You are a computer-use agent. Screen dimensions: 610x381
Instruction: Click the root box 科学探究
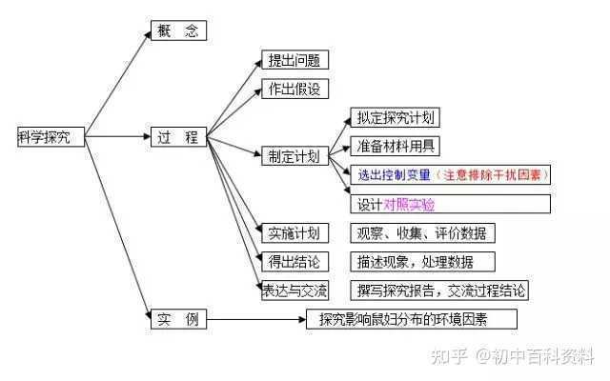tap(51, 137)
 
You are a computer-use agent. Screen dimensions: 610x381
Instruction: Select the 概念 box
tap(178, 30)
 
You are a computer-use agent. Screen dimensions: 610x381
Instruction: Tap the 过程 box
tap(178, 137)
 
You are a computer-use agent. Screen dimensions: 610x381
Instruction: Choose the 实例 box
tap(178, 319)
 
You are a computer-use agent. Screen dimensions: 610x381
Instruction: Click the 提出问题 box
tap(295, 60)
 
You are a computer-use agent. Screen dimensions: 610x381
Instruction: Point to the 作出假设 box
tap(295, 89)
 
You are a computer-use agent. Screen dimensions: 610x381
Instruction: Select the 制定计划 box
tap(295, 156)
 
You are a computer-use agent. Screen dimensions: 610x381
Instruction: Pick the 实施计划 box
tap(295, 232)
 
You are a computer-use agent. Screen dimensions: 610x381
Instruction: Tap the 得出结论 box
tap(295, 262)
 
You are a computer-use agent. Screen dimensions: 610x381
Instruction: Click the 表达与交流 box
tap(295, 291)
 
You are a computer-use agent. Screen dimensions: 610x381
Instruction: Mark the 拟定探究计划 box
tap(396, 117)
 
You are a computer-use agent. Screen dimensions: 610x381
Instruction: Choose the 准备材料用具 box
tap(396, 146)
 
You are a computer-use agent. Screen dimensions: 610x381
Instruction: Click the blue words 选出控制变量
tap(394, 175)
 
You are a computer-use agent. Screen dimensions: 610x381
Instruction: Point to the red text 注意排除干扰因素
tap(492, 175)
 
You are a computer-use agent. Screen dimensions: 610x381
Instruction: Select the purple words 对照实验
tap(409, 205)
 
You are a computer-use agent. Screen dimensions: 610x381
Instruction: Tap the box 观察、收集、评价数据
tap(422, 232)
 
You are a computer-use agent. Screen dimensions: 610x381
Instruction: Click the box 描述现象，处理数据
tap(422, 262)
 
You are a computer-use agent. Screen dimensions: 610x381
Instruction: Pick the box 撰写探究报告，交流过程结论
tap(439, 291)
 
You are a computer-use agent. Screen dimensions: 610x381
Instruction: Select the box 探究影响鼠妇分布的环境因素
tap(412, 319)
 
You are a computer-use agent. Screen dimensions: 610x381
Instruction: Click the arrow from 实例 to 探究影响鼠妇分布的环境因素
tap(256, 320)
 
